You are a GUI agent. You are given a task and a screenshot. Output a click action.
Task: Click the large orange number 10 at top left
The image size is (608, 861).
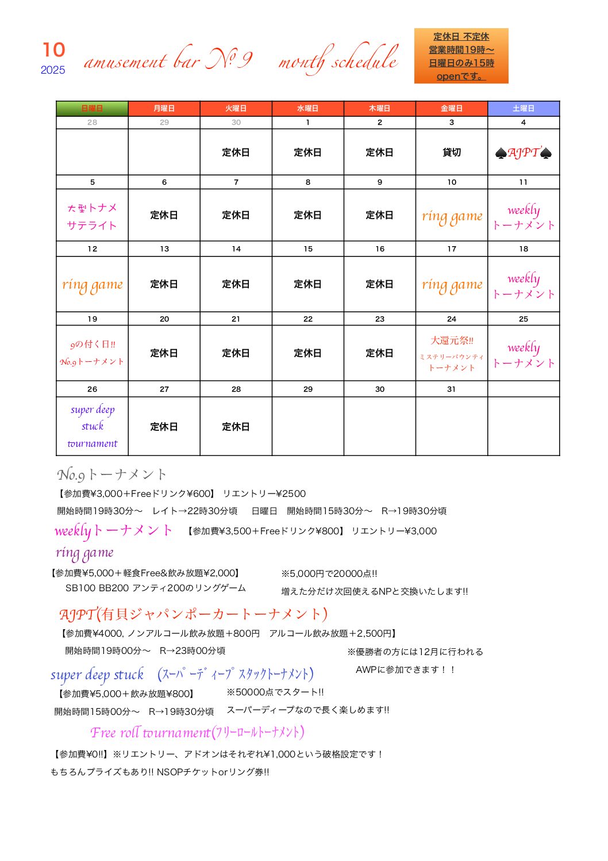(x=53, y=50)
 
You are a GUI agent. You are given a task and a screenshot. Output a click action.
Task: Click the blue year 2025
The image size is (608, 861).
(x=53, y=70)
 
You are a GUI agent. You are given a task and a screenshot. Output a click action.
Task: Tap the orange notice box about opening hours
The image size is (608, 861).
(x=461, y=56)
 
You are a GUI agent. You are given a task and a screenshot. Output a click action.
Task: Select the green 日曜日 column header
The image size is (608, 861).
(x=92, y=108)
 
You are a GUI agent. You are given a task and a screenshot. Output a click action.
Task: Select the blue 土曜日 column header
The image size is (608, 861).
(x=523, y=108)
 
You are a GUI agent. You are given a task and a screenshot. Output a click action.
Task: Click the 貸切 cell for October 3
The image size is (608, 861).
(x=452, y=152)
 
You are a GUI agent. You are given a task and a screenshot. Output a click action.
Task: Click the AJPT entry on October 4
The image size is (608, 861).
(x=523, y=153)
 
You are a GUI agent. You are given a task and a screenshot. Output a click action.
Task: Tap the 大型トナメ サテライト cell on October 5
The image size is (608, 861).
(x=92, y=216)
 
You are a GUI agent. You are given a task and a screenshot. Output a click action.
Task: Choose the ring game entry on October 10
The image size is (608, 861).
(x=452, y=216)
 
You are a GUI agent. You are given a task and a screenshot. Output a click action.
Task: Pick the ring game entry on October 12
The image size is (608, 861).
(x=92, y=285)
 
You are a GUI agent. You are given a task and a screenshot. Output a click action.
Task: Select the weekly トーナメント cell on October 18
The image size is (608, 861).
(x=523, y=286)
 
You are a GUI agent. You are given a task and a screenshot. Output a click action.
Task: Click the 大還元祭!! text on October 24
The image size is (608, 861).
(x=452, y=340)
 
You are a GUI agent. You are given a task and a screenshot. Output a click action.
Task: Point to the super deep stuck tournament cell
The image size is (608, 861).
(x=92, y=426)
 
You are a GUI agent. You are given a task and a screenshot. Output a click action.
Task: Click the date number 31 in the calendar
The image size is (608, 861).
(x=451, y=389)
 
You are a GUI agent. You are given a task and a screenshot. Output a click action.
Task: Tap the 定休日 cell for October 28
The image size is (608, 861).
(x=236, y=427)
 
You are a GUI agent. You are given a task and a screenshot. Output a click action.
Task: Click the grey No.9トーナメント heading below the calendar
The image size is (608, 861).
(x=111, y=474)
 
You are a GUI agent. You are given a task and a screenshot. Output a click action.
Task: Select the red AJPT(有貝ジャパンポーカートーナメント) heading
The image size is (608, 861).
(x=193, y=614)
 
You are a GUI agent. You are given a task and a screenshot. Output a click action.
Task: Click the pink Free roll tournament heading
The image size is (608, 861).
(x=197, y=732)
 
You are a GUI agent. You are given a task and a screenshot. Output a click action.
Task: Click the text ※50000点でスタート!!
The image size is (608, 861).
(x=275, y=692)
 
